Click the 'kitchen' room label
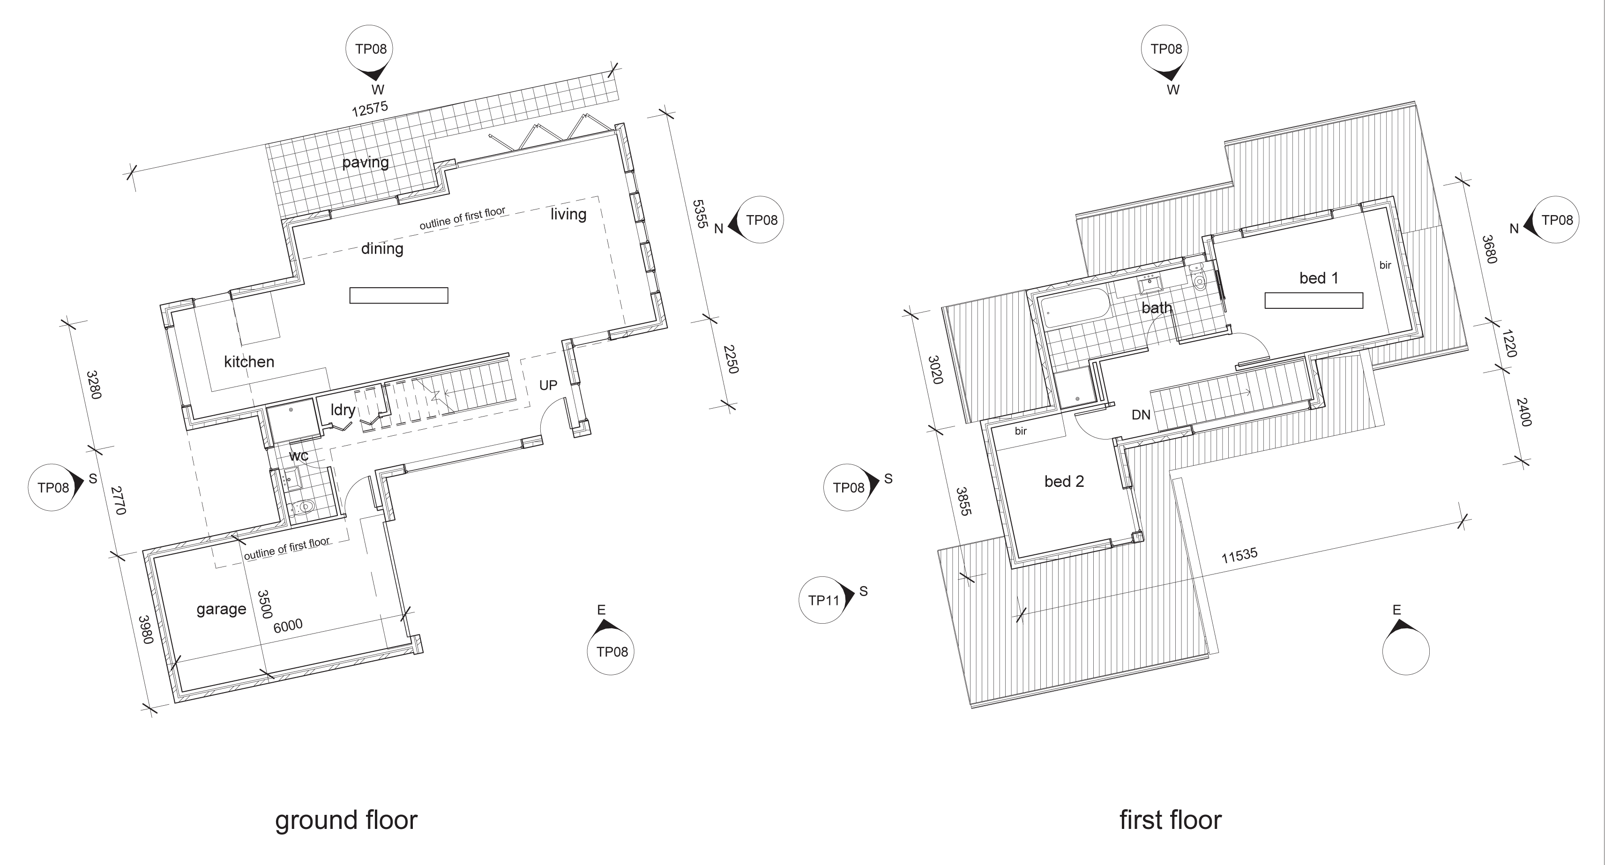249,361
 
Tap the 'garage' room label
221,609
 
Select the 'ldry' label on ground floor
343,410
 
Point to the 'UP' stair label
548,385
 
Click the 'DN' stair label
1141,414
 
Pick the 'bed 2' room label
1064,481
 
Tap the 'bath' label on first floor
1157,307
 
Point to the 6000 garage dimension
288,626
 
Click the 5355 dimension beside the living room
700,214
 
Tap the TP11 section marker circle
822,600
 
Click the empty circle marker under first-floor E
1406,651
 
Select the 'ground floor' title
346,820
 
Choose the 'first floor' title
1170,820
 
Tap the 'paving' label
365,162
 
